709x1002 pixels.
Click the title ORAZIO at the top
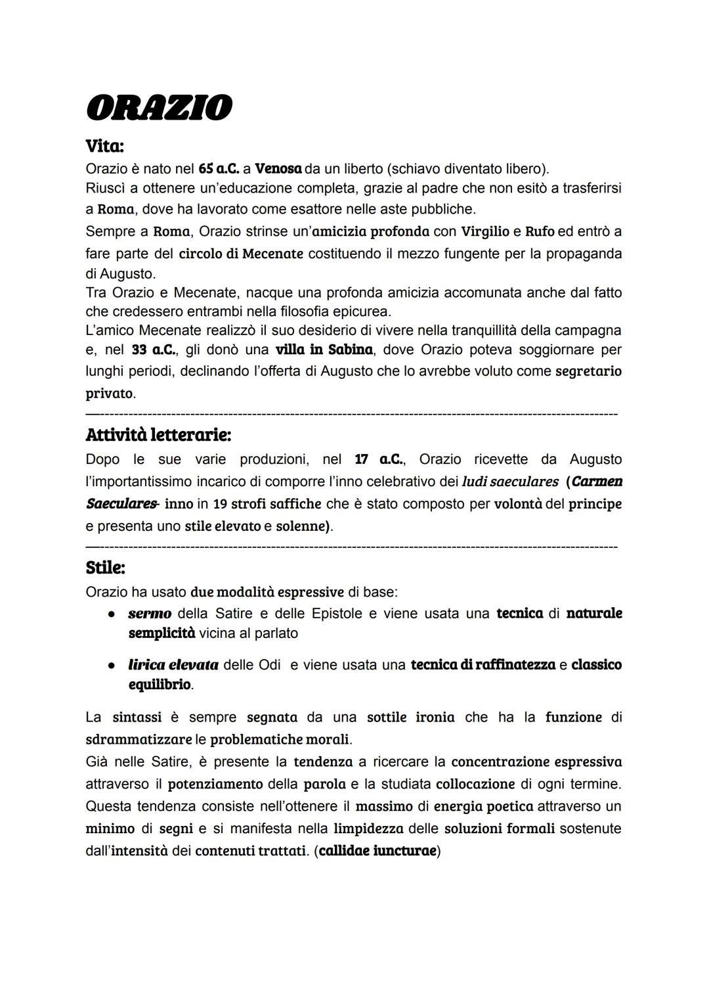[159, 108]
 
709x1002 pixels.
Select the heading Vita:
[105, 145]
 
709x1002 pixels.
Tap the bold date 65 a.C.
[218, 169]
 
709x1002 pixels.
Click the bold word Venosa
[278, 169]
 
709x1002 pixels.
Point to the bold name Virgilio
[485, 231]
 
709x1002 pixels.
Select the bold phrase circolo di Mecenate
[241, 254]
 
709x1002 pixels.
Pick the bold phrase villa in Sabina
[324, 350]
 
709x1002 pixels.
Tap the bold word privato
[110, 394]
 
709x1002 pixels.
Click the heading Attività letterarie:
[158, 435]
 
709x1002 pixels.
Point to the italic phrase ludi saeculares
[510, 482]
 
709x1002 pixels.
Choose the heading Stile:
[105, 567]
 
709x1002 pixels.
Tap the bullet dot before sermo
[112, 614]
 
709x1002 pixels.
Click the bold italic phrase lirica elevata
[173, 665]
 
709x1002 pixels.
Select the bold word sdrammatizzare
[139, 739]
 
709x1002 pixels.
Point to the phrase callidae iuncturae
[377, 851]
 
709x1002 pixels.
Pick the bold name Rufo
[540, 231]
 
